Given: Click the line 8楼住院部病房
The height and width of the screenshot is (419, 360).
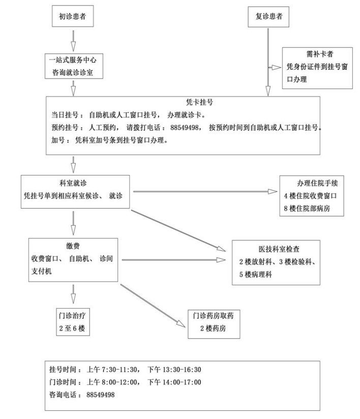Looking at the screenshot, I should click(311, 206).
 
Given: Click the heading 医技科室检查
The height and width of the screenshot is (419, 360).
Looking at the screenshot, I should click(276, 249).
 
